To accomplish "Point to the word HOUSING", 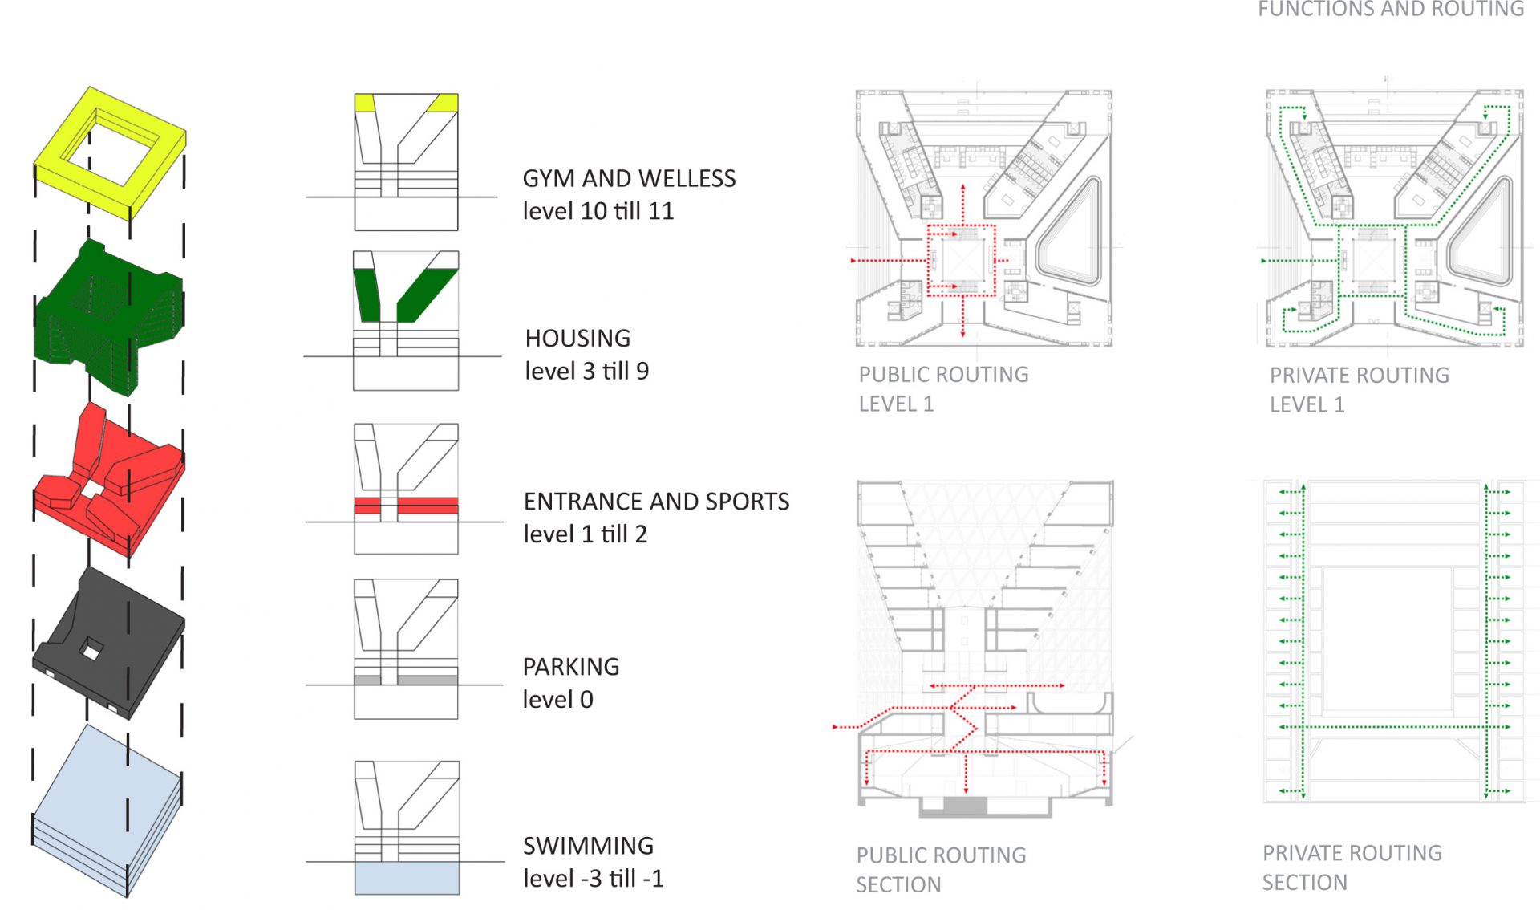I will pos(577,338).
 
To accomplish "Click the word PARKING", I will pos(571,666).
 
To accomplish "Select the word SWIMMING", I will pos(588,845).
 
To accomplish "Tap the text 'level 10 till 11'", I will pos(598,211).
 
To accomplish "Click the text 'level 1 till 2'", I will pos(585,534).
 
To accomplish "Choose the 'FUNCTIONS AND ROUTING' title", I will pos(1390,9).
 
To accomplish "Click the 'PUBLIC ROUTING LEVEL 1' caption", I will pos(943,388).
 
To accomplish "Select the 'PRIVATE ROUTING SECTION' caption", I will pos(1352,867).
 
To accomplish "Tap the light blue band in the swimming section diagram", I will pos(407,878).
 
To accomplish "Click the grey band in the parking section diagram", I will pos(428,680).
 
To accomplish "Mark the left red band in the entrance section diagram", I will pos(367,506).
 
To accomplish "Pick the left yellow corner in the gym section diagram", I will pos(364,102).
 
